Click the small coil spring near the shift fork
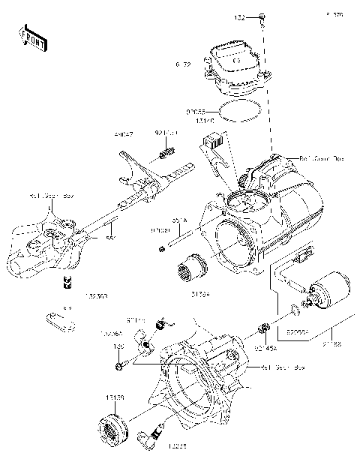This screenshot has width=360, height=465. coord(167,157)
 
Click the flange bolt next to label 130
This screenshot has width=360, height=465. coord(121,366)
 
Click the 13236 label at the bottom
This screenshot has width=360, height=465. coord(178,447)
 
